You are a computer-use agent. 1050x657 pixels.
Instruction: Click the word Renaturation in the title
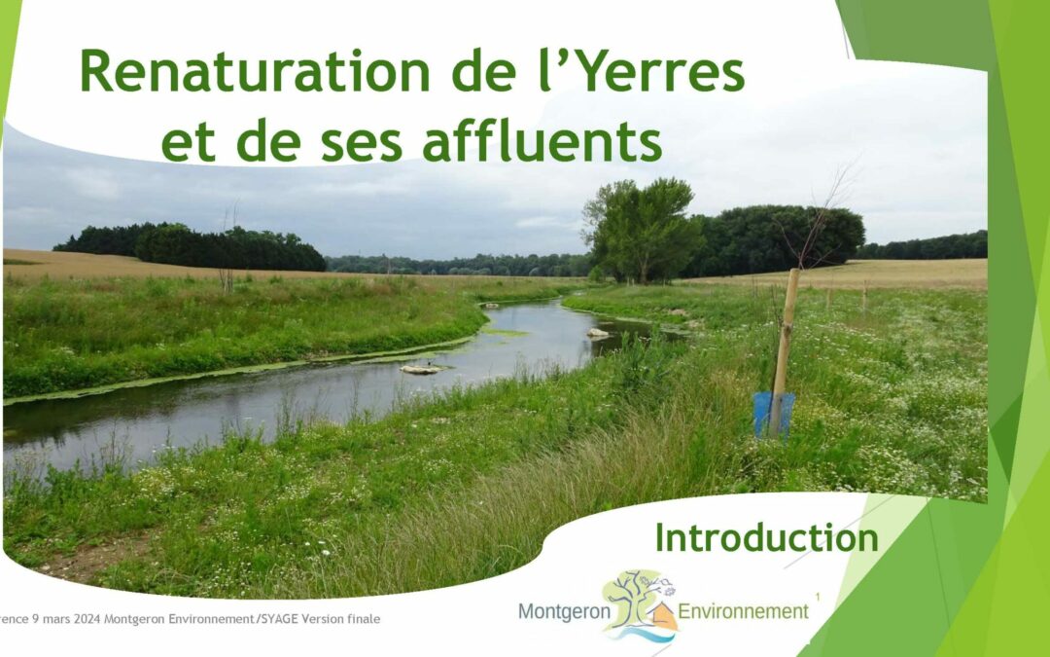pos(255,71)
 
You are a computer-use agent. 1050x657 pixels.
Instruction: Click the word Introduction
pos(767,537)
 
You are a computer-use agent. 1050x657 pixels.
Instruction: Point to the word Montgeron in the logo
pos(564,611)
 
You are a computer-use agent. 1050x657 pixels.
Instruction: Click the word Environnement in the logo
pos(744,611)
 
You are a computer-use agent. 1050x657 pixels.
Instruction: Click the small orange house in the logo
pos(664,615)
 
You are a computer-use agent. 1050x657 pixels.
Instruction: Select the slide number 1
pos(818,596)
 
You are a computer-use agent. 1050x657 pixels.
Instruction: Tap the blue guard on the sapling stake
pos(774,415)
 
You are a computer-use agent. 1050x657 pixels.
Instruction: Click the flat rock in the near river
pos(421,368)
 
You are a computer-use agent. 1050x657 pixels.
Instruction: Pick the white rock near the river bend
pos(597,333)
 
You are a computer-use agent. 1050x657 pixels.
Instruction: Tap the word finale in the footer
pos(365,619)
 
